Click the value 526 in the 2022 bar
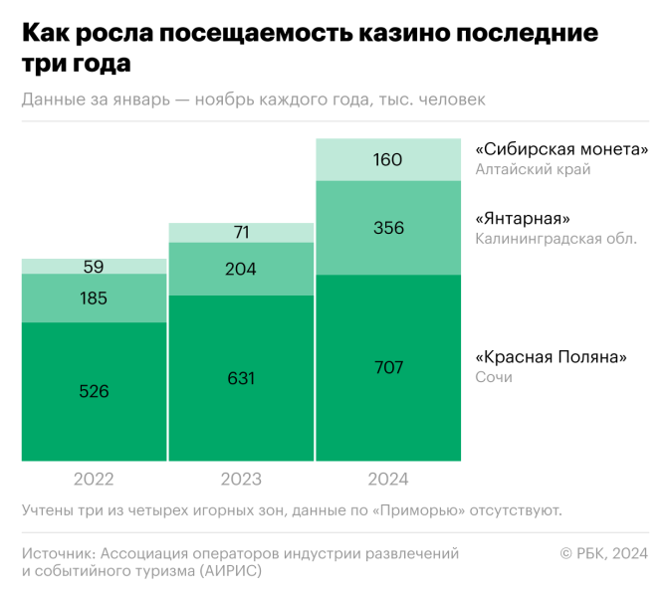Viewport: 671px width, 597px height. pos(94,391)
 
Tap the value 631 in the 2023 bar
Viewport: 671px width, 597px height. pos(241,378)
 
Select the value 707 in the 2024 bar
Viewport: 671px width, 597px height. pos(388,367)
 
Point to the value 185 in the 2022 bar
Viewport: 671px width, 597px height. pos(94,298)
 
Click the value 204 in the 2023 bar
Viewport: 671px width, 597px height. pos(241,269)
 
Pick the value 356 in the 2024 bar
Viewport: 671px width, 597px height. pos(388,228)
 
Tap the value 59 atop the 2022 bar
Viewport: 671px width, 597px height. pos(94,267)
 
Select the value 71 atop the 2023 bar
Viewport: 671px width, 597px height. pos(241,233)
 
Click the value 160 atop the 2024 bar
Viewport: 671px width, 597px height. pos(388,159)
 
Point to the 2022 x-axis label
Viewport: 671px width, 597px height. pos(94,480)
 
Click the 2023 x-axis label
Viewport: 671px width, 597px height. pos(241,480)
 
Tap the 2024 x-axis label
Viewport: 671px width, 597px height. pos(388,480)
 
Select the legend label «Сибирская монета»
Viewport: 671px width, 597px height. pos(561,149)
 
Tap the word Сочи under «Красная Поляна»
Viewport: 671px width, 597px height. pos(493,377)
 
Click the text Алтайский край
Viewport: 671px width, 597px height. pos(533,169)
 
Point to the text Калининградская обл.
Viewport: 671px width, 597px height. pos(556,238)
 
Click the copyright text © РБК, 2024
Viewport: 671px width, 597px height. pos(604,553)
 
